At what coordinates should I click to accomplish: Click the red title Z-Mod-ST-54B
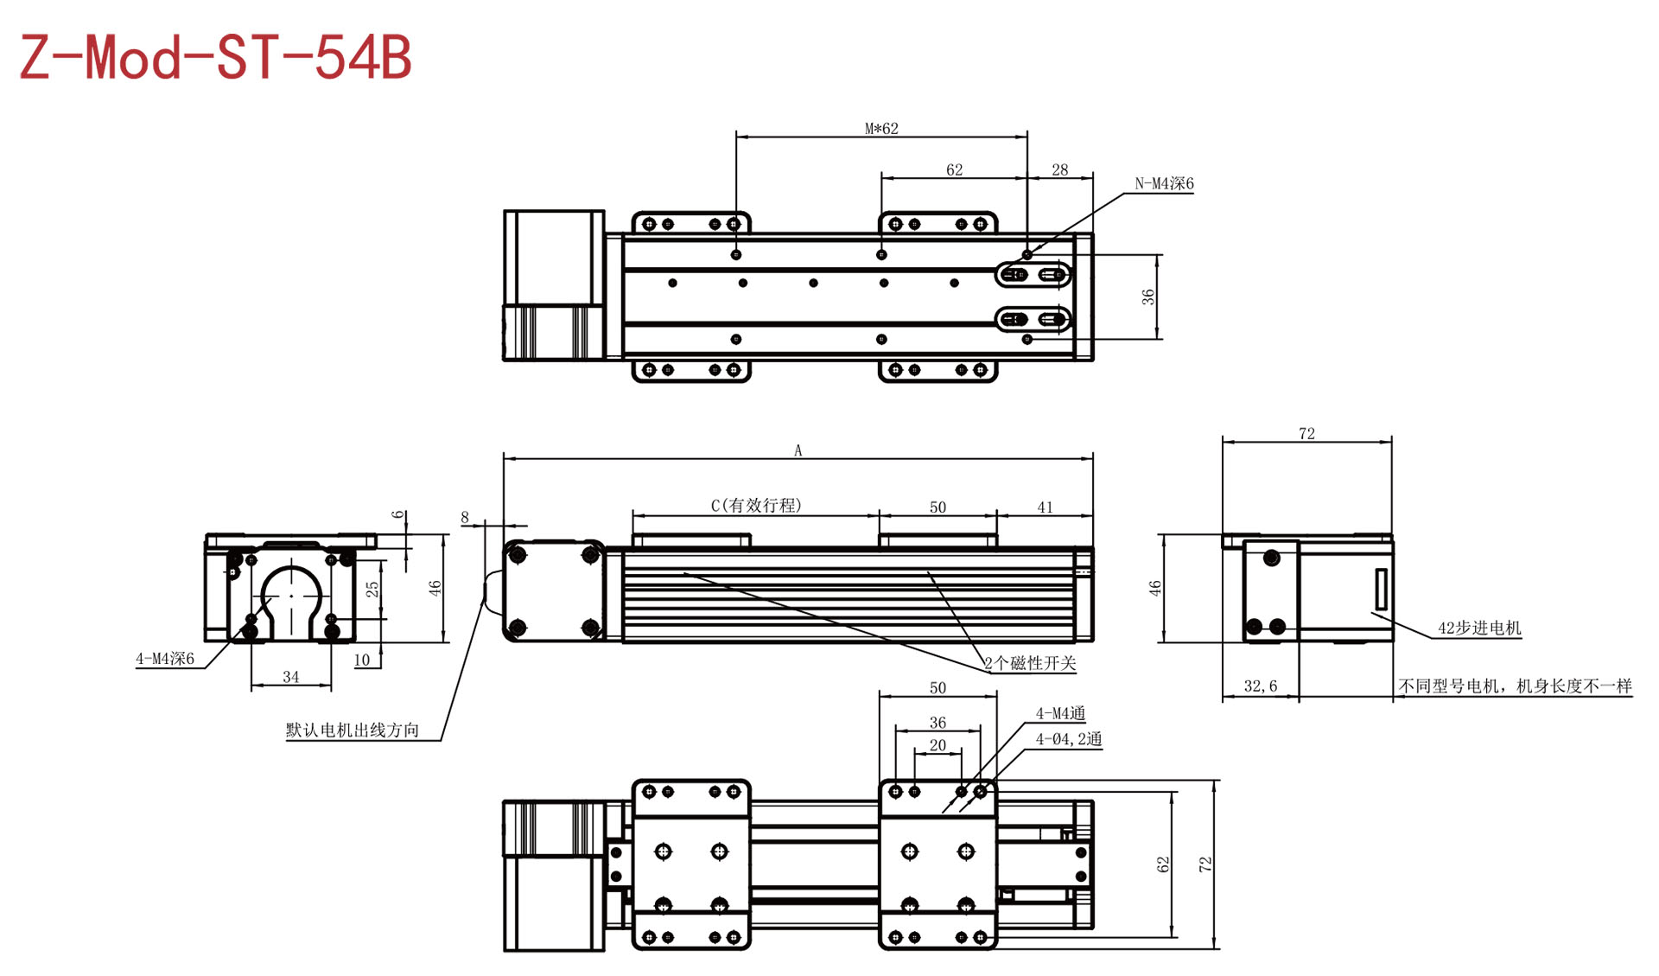(x=215, y=58)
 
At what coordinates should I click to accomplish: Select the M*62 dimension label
(x=881, y=129)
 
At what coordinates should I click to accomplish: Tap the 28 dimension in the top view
(x=1059, y=170)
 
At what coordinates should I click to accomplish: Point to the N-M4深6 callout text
(x=1164, y=183)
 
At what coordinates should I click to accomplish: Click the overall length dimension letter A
(x=798, y=450)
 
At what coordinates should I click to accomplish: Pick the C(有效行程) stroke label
(x=756, y=505)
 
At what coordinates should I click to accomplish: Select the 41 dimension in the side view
(x=1045, y=507)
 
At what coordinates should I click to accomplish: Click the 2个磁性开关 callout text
(x=1030, y=663)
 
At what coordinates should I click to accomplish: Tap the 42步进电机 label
(x=1479, y=628)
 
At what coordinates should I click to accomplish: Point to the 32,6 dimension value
(x=1260, y=686)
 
